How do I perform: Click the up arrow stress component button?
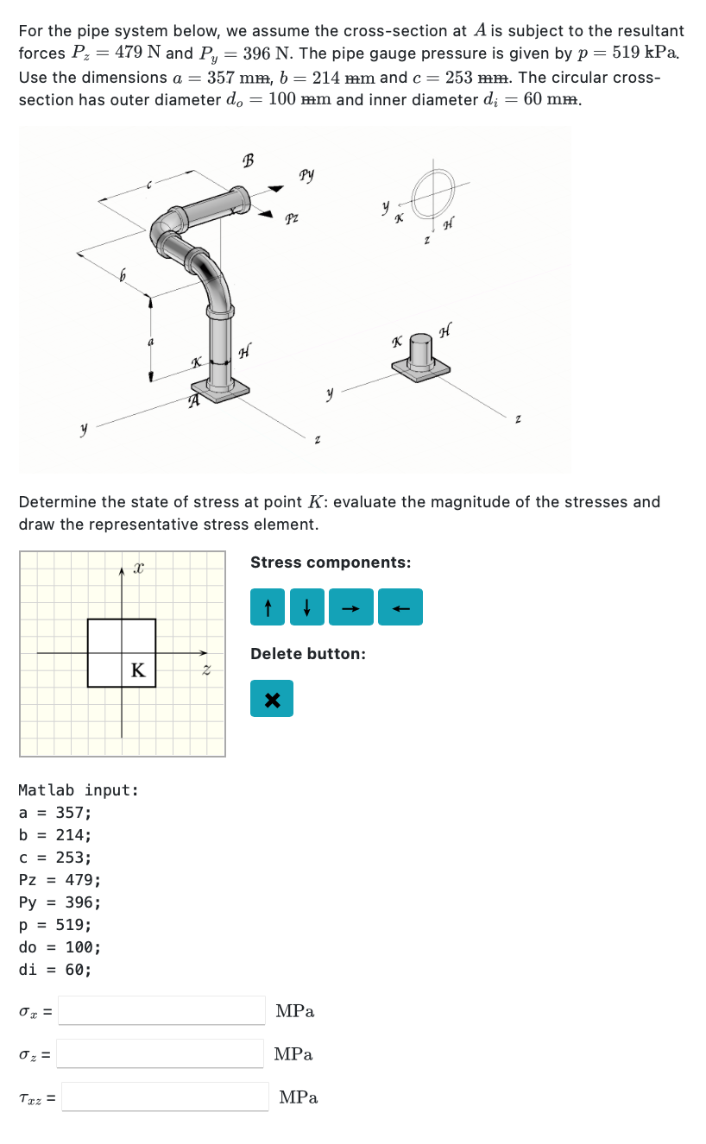pos(268,607)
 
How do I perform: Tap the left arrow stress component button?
pos(399,607)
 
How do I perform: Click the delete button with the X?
pos(272,699)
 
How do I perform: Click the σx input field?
pos(162,1009)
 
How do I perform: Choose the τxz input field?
pos(165,1097)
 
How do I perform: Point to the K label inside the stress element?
pos(137,670)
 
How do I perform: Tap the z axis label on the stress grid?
pos(205,669)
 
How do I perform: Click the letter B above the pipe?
pos(249,160)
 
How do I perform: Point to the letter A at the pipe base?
pos(195,399)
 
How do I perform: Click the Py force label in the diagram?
pos(306,176)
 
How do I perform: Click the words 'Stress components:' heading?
pos(331,563)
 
